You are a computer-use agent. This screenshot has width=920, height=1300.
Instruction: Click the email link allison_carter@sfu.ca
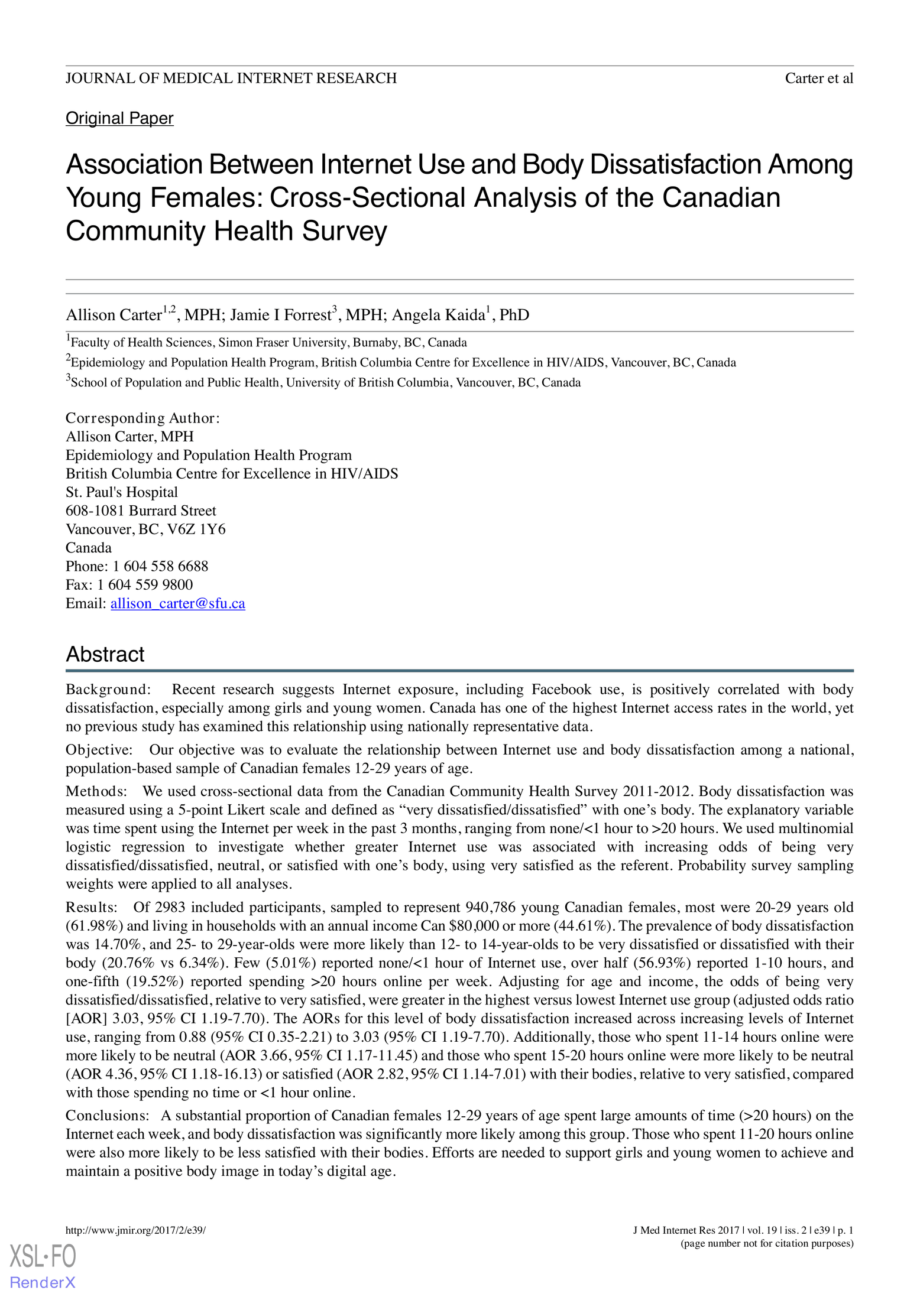(177, 603)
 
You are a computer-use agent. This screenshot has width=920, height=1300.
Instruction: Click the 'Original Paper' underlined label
(119, 118)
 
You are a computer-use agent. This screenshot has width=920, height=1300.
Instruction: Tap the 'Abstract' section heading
(105, 654)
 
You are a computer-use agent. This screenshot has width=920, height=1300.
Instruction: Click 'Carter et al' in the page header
(818, 79)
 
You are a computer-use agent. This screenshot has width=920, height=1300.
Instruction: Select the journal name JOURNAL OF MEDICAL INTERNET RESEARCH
(231, 79)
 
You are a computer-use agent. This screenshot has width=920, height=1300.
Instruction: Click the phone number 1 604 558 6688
(160, 566)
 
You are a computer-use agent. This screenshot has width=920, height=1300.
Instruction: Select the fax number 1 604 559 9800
(145, 584)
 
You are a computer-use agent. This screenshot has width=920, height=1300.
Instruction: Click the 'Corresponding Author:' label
(142, 418)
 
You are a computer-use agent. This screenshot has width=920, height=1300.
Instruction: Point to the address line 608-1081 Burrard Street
(141, 511)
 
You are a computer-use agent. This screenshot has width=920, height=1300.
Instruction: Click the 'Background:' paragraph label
(108, 690)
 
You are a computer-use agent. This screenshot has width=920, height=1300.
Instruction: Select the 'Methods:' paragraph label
(96, 791)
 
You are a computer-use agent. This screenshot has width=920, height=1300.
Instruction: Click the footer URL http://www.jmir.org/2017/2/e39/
(135, 1231)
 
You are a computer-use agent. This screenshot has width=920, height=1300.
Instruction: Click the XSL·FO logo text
(43, 1256)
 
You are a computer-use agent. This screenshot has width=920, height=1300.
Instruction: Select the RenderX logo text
(43, 1282)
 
